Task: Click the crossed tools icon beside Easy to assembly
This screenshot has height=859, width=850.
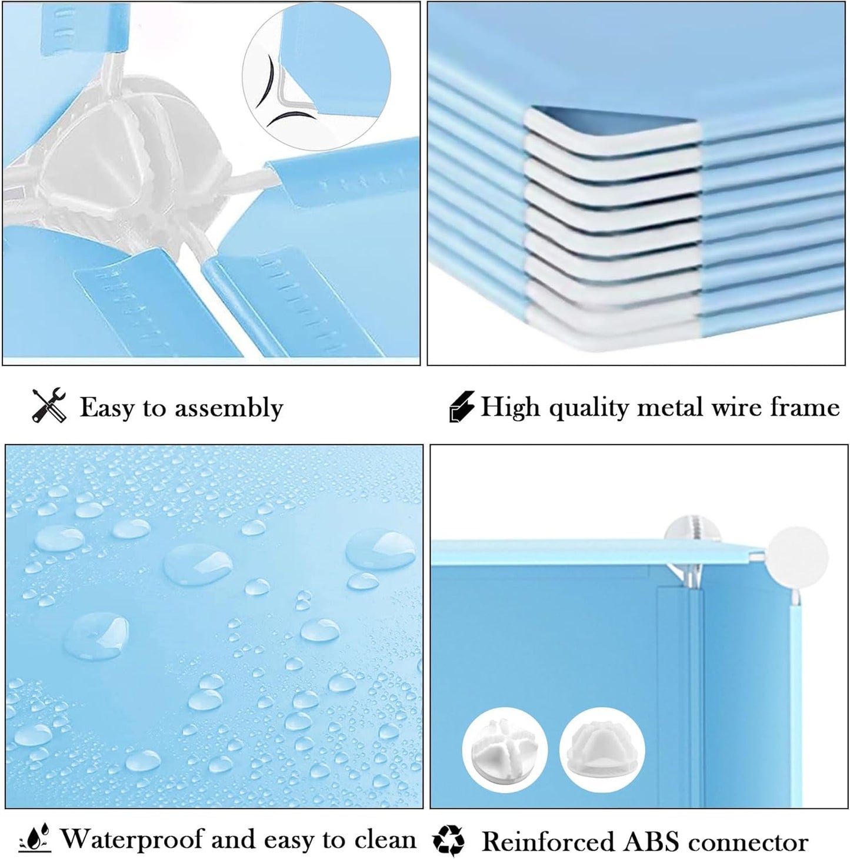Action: [49, 406]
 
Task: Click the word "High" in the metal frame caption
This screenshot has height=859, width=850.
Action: [510, 407]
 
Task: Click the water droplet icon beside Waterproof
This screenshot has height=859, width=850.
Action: [35, 839]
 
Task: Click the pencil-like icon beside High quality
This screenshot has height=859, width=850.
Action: [461, 407]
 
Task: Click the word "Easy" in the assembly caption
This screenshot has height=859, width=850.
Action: [106, 407]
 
